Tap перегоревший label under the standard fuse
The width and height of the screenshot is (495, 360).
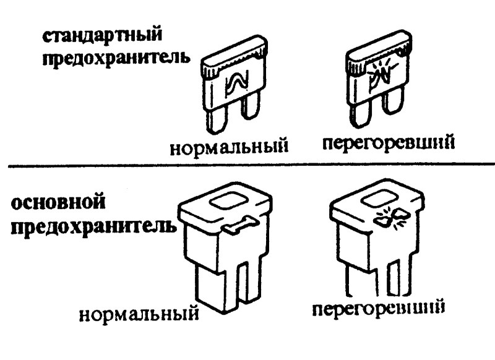coord(389,143)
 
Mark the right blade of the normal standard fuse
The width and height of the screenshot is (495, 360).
coord(250,114)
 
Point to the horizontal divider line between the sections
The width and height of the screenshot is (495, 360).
coord(247,165)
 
